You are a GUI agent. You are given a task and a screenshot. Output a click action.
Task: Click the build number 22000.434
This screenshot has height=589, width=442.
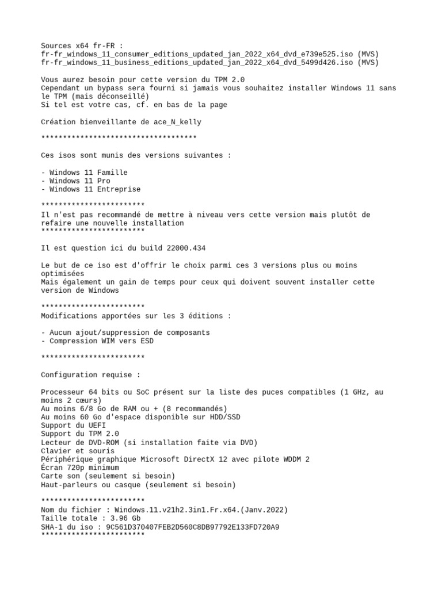(x=186, y=248)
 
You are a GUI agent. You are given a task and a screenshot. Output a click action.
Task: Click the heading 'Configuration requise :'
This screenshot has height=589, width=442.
(x=90, y=375)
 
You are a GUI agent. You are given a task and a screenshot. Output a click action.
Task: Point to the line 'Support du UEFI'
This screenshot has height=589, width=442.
(x=73, y=426)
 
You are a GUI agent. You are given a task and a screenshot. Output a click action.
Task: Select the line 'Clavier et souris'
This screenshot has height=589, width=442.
(x=78, y=451)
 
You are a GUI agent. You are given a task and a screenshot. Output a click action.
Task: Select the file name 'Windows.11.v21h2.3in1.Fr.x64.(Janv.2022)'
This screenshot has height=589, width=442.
(x=201, y=510)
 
